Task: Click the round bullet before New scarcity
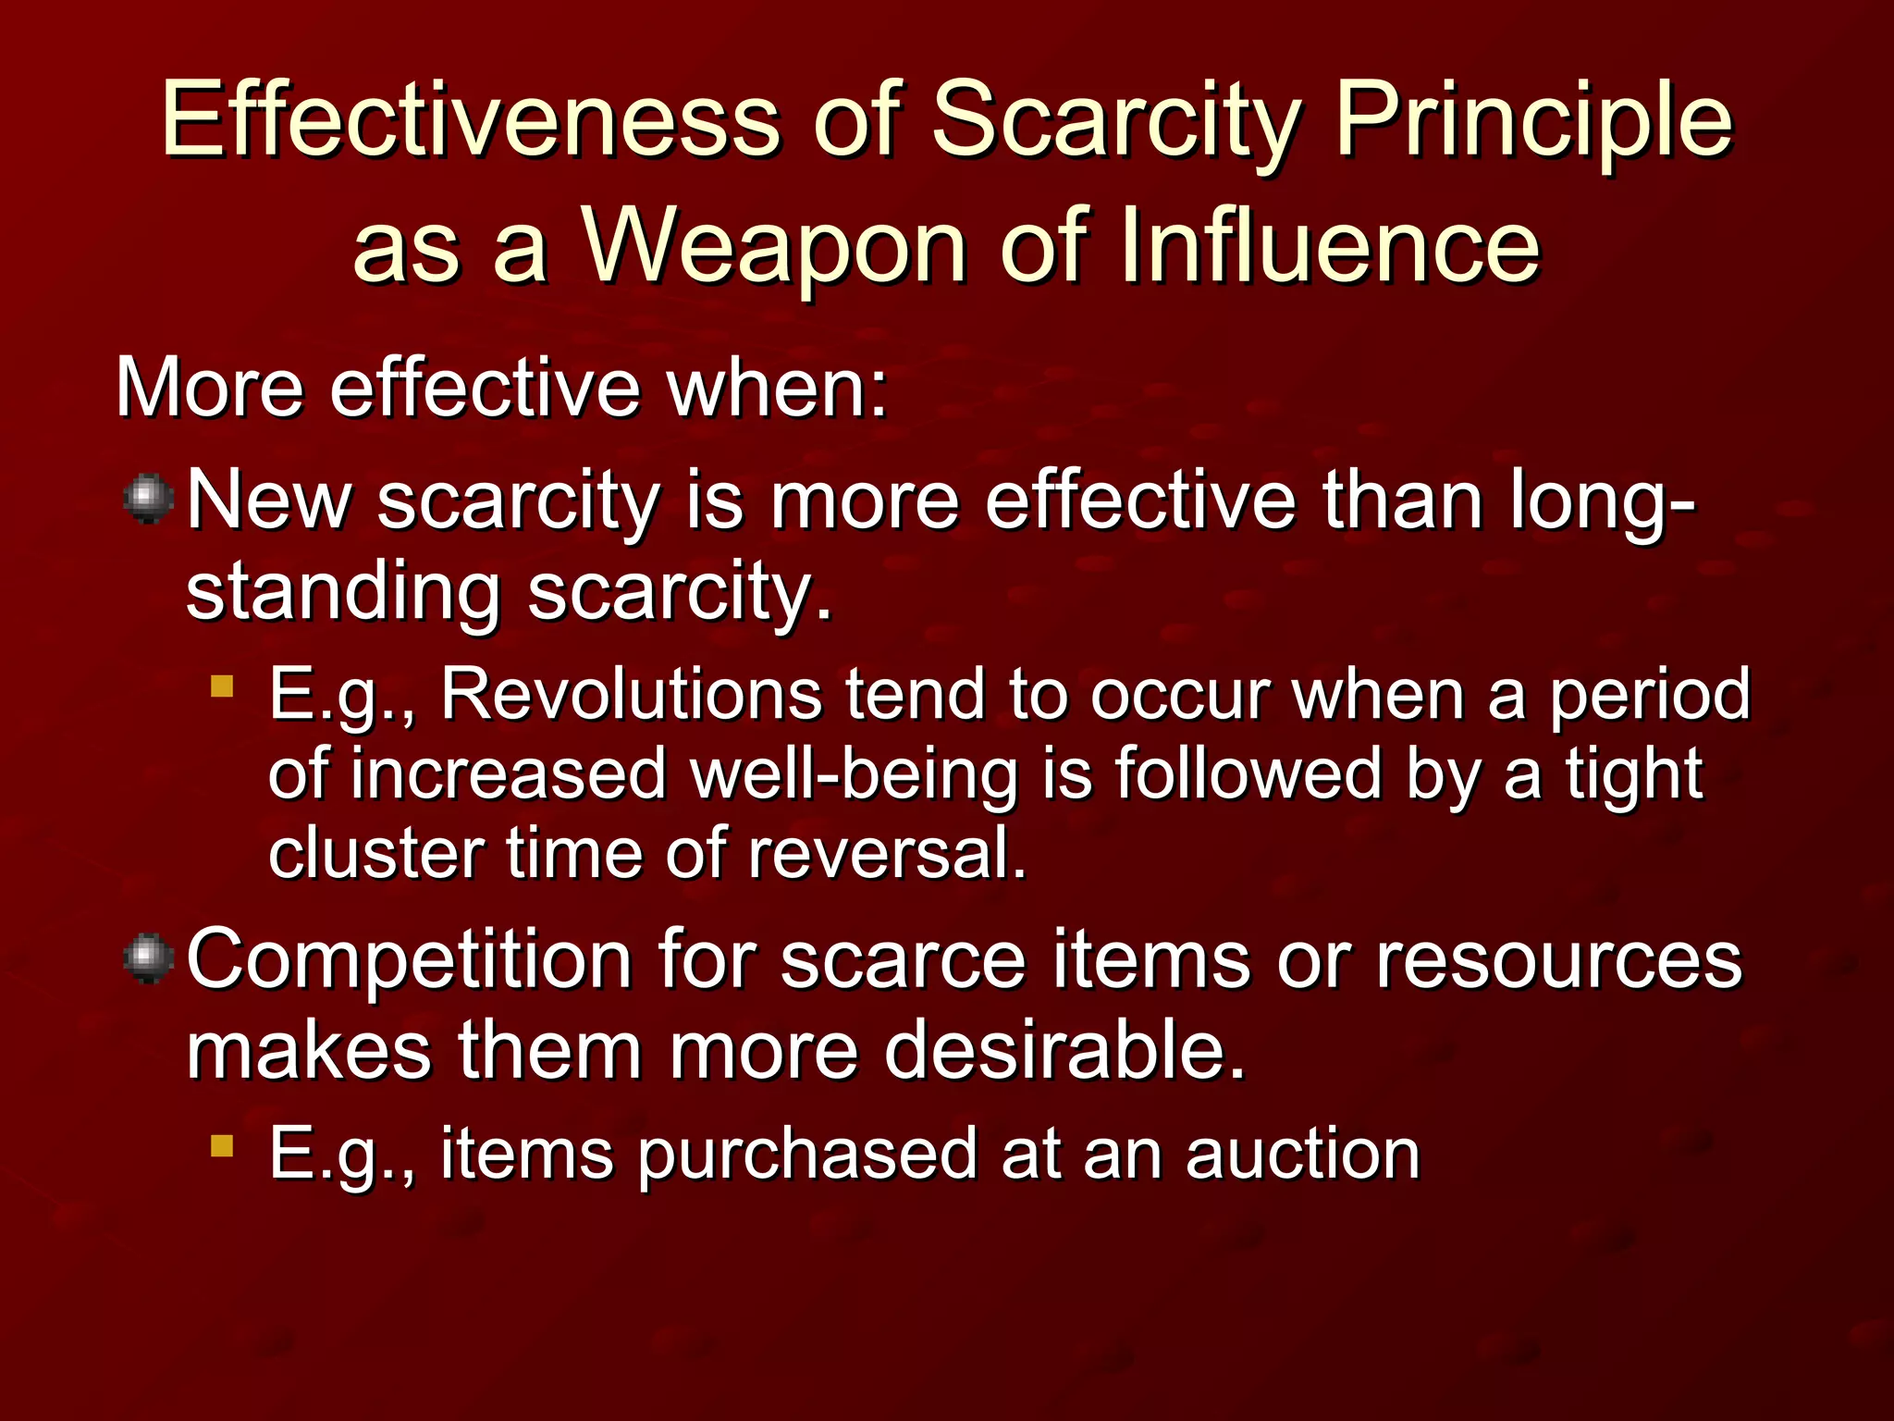[148, 499]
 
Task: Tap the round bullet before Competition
[148, 958]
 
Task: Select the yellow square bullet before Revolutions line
[222, 686]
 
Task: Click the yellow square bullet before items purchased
[222, 1146]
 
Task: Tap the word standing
[343, 592]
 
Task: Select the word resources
[1558, 960]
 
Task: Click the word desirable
[1064, 1051]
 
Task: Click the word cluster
[375, 853]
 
